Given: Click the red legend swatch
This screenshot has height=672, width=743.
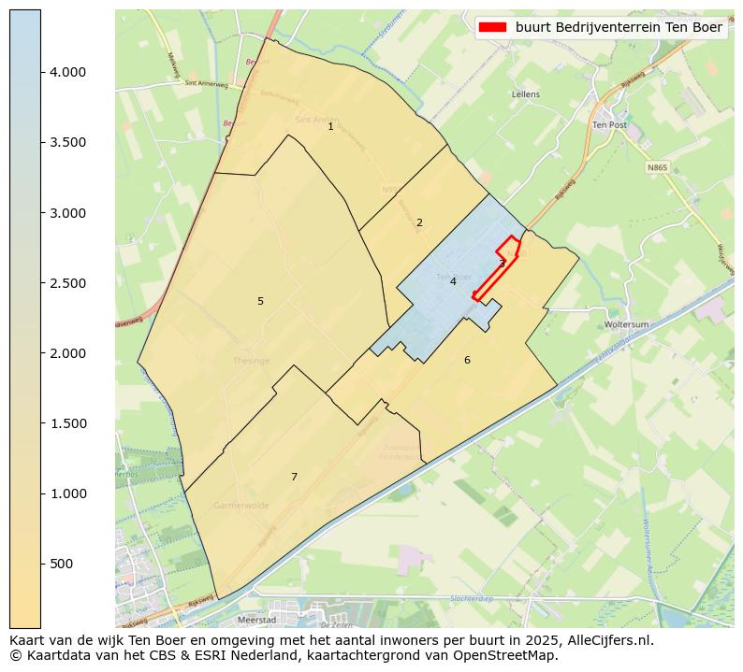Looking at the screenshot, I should pyautogui.click(x=492, y=27).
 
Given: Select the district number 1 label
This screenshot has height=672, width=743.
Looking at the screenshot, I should pyautogui.click(x=330, y=126).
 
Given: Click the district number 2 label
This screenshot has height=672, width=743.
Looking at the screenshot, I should pyautogui.click(x=419, y=222).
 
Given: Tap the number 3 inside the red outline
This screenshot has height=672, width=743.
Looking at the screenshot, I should pyautogui.click(x=502, y=264).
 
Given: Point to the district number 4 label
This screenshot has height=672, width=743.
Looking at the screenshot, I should pyautogui.click(x=453, y=281).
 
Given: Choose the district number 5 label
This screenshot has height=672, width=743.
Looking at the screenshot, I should pyautogui.click(x=260, y=301).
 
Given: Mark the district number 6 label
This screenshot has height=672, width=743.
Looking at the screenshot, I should pyautogui.click(x=467, y=360).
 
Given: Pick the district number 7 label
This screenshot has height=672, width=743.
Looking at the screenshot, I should pyautogui.click(x=294, y=477).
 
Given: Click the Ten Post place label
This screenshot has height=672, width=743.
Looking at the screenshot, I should pyautogui.click(x=609, y=124).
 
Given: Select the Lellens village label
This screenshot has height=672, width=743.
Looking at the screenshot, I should pyautogui.click(x=526, y=94).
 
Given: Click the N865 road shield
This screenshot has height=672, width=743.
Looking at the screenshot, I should pyautogui.click(x=657, y=168).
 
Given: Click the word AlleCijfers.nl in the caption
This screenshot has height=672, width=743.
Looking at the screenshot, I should pyautogui.click(x=607, y=640).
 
